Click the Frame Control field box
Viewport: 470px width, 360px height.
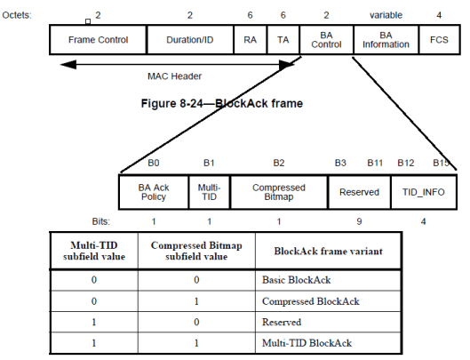(x=97, y=41)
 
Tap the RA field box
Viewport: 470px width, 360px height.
(x=250, y=41)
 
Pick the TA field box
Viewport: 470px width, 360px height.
(x=283, y=41)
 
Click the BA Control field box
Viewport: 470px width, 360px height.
(x=326, y=41)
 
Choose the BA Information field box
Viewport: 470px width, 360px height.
(x=385, y=41)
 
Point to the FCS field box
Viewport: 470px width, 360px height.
(x=439, y=41)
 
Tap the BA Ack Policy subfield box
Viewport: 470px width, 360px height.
(x=154, y=192)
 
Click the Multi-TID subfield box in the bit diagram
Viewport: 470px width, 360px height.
(x=209, y=192)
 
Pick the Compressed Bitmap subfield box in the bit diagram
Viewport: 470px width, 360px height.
(x=278, y=192)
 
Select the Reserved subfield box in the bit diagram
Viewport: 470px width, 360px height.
(x=359, y=192)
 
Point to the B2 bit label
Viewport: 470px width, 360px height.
(x=278, y=164)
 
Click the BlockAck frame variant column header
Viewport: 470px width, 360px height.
(x=328, y=252)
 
